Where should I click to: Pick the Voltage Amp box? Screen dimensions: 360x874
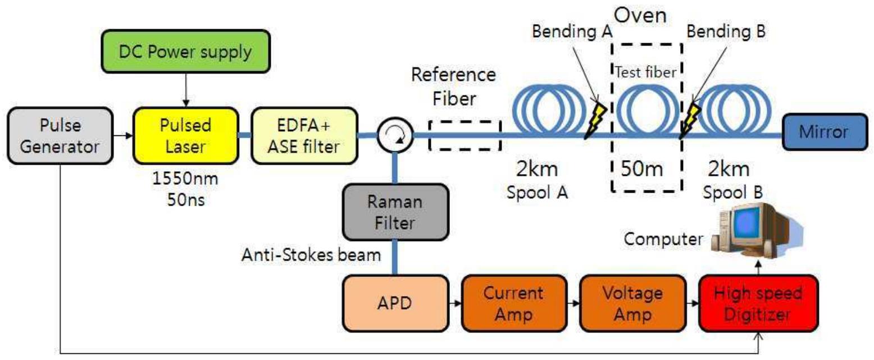pos(634,303)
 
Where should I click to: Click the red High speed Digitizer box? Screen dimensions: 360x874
pos(758,303)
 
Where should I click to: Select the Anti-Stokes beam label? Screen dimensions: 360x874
pos(311,254)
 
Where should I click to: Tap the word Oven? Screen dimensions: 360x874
pos(640,16)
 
